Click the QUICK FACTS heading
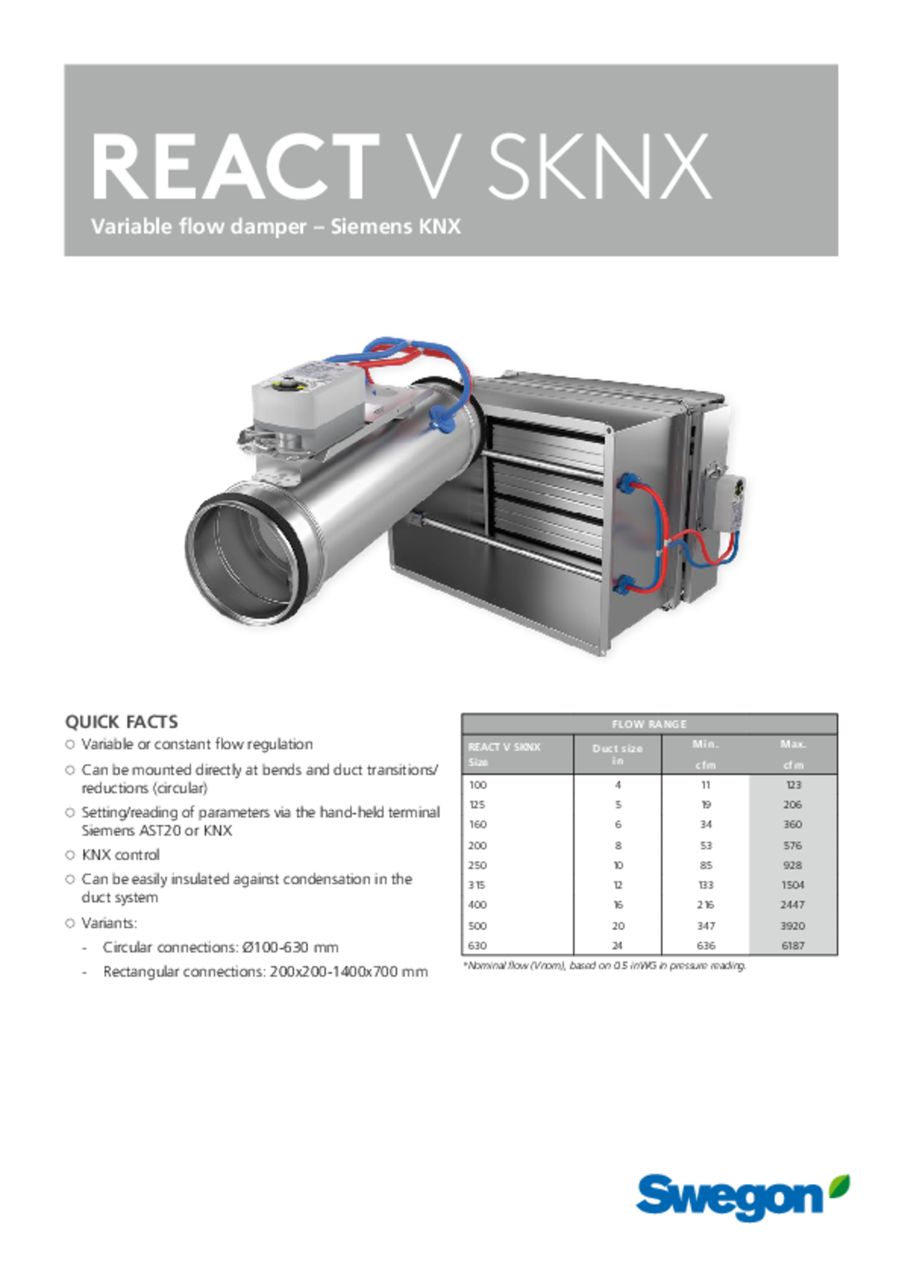[x=121, y=722]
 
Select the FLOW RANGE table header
[x=649, y=724]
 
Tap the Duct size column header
[x=617, y=754]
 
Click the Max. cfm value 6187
[x=793, y=945]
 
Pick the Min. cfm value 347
[x=706, y=926]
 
